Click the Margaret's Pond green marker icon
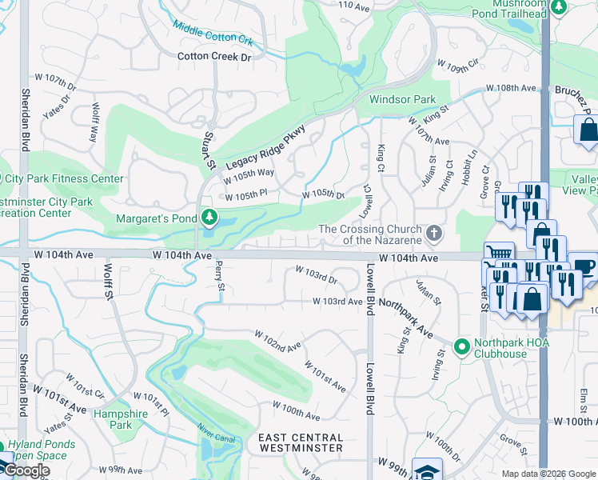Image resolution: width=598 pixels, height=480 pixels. (x=209, y=217)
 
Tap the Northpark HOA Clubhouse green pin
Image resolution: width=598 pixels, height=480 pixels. (x=461, y=347)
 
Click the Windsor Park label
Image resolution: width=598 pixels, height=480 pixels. (x=402, y=100)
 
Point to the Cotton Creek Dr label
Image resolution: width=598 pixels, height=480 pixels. (x=214, y=56)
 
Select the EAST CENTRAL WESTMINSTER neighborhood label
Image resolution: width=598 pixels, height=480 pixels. (x=301, y=442)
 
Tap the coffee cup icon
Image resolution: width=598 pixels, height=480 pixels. (x=584, y=266)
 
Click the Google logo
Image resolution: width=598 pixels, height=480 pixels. (x=26, y=470)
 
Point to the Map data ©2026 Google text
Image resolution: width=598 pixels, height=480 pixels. (x=548, y=474)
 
